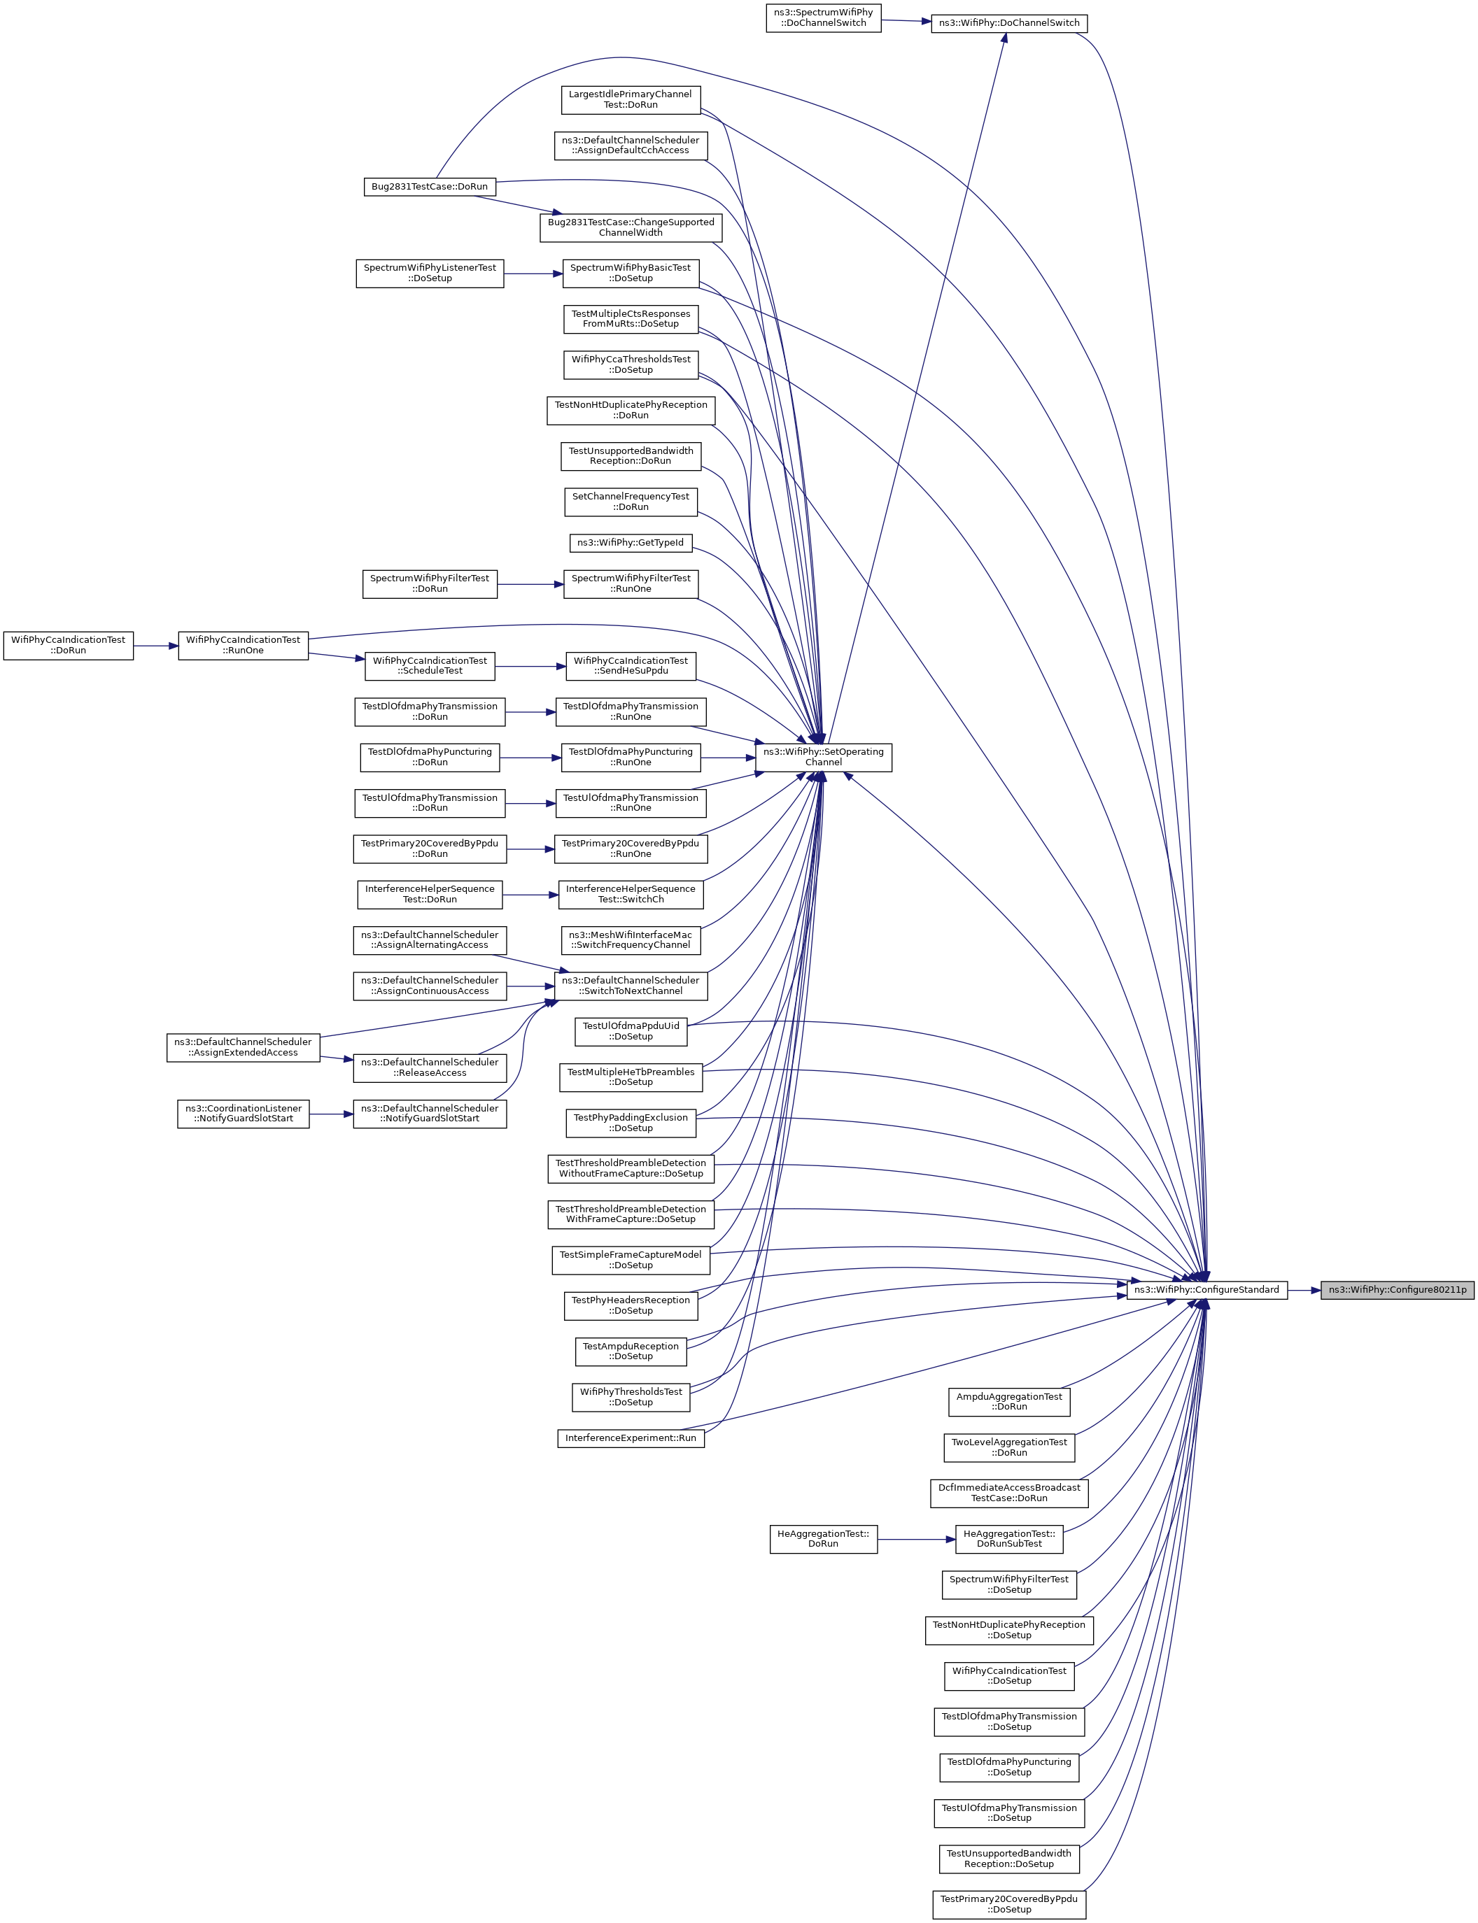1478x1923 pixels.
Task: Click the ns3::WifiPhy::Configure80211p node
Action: [1397, 1290]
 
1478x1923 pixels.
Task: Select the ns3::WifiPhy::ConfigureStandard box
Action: [1206, 1290]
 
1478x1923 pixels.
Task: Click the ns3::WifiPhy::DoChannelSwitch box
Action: [1008, 23]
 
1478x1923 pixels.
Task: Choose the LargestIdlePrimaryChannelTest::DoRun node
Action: [630, 99]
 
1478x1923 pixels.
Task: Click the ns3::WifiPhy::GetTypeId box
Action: [630, 543]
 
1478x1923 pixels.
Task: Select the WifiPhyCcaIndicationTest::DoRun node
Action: [68, 646]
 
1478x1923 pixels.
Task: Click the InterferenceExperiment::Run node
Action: [630, 1438]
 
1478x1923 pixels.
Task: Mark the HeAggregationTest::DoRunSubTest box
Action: [1008, 1539]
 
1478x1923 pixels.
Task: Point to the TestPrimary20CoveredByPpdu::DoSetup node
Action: [1008, 1905]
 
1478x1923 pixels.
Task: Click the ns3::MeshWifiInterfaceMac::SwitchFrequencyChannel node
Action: [630, 940]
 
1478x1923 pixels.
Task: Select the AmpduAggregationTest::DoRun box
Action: [1008, 1402]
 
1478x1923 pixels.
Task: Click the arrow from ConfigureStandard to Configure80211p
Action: [1304, 1290]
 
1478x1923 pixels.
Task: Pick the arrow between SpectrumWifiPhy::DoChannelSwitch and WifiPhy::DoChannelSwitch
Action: [906, 20]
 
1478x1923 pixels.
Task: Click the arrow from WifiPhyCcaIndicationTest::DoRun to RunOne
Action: [156, 646]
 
